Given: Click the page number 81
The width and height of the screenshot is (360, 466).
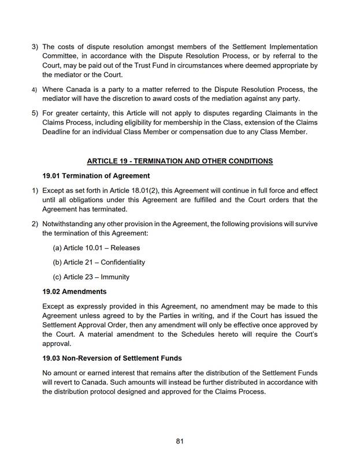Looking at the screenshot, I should (180, 441).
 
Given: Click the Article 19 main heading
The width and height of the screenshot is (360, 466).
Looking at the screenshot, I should (180, 161).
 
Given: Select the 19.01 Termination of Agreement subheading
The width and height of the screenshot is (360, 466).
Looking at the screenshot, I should (96, 176).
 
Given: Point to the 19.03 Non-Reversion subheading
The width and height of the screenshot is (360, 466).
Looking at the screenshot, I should (112, 358).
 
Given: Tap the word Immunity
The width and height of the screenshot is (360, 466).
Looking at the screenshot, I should (115, 277).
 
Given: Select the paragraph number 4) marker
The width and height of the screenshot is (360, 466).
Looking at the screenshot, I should (35, 90).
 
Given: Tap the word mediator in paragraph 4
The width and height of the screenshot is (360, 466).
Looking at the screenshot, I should (61, 99).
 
